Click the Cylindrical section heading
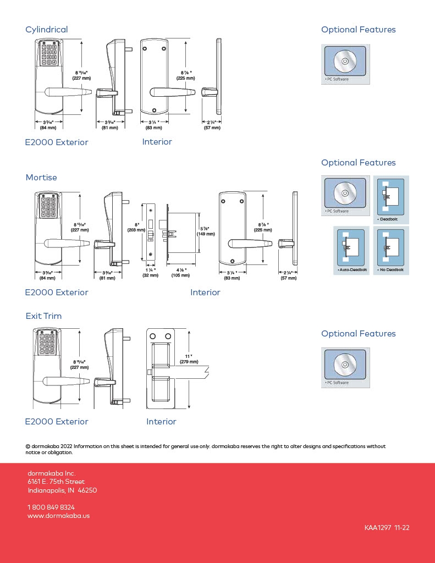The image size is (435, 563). pos(47,30)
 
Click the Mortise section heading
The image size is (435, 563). pos(41,178)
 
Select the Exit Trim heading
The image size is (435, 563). pos(43,316)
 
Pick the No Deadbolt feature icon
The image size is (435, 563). pos(391,251)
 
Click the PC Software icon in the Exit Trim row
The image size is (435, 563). pos(345,367)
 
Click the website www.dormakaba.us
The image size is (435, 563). pos(58,516)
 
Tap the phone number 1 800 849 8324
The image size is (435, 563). pos(51,507)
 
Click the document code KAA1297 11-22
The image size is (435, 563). pos(387,528)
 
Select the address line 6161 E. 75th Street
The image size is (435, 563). pos(56,482)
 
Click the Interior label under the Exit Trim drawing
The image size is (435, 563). pos(161,422)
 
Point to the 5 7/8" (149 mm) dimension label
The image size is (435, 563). pos(206,231)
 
